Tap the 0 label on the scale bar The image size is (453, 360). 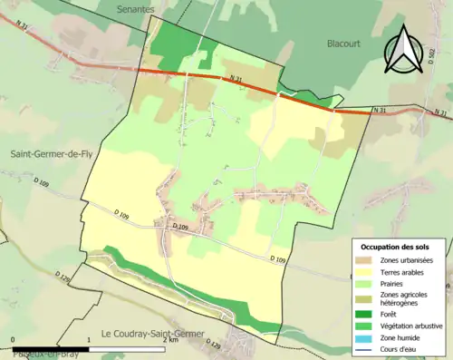(13, 340)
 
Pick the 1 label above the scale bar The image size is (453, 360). (88, 340)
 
